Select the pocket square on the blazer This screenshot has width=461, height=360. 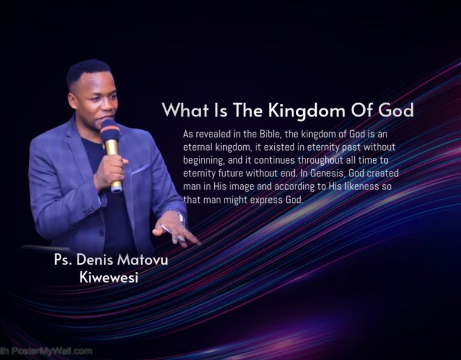pos(140,170)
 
